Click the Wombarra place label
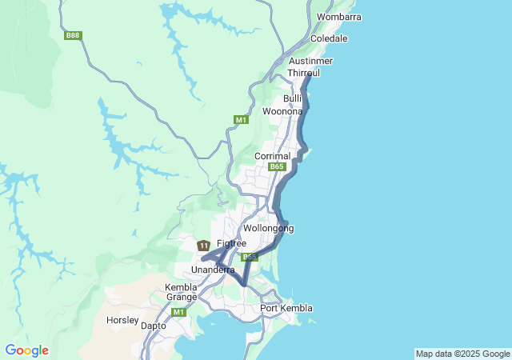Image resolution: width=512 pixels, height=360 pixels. pos(338,17)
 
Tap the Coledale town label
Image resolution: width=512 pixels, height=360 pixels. pos(329,38)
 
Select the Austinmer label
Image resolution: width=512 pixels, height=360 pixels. pos(310,61)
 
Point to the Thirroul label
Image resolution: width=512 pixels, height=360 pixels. pos(303,73)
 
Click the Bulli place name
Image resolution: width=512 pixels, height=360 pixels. pos(292,98)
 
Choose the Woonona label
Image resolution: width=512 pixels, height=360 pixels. pos(282,112)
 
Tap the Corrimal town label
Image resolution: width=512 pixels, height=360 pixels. pos(272,156)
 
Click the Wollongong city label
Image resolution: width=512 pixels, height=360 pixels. pos(268,228)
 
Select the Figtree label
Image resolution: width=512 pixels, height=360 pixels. pos(231,243)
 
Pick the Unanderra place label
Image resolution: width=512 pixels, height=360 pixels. pos(213,270)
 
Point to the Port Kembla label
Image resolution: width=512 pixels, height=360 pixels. pos(286,309)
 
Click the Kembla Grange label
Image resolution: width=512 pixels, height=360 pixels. pos(181,292)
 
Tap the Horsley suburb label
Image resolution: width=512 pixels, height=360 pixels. pos(122,320)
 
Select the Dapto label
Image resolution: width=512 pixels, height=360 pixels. pos(153,326)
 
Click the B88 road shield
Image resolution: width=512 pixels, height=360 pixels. pos(74,35)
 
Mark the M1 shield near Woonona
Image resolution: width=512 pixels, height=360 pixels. pos(241,120)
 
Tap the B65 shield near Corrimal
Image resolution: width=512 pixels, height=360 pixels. pos(277,166)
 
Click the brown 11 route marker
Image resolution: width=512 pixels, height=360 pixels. pos(204,245)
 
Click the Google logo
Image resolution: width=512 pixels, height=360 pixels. pos(26,350)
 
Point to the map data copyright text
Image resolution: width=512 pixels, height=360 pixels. pos(462,354)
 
